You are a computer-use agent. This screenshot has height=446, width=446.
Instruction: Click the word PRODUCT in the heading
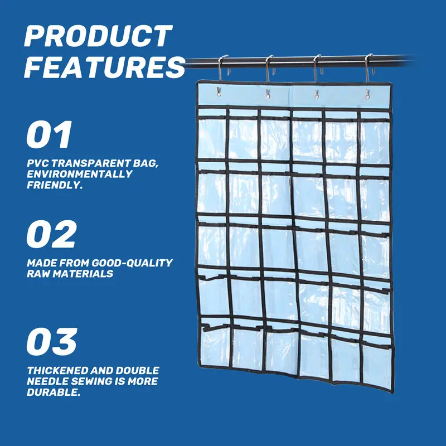99,36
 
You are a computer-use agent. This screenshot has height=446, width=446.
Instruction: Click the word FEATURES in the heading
105,67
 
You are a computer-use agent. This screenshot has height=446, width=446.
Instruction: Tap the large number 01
49,134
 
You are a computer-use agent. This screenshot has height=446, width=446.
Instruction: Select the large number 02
51,234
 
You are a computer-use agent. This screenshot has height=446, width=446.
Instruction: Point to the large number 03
52,341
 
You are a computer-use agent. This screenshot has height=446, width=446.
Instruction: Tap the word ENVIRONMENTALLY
79,174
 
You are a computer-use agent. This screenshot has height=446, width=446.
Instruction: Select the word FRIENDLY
55,185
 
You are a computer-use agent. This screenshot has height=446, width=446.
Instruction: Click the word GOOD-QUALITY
132,263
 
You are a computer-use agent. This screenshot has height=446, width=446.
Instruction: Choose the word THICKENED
57,370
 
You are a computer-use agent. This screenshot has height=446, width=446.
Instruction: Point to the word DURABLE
54,392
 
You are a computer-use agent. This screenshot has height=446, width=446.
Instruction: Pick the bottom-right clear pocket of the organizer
377,365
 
